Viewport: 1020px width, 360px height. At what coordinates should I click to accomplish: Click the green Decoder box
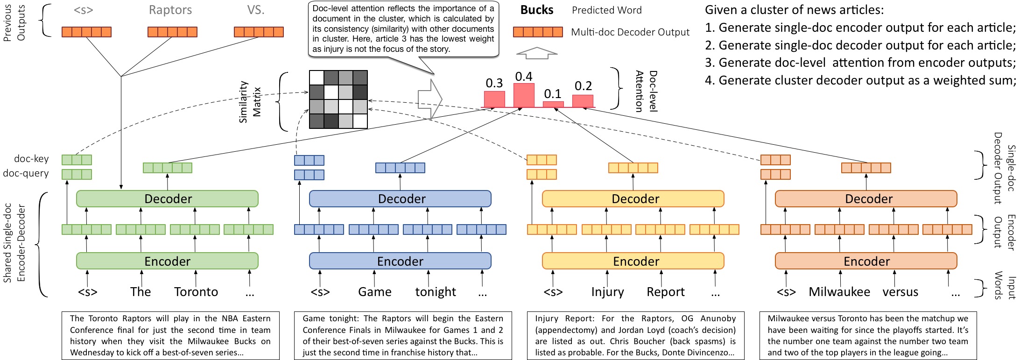point(167,198)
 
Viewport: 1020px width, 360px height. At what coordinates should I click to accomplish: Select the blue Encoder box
point(400,261)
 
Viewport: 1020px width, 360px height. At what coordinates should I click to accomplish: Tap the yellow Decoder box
point(633,198)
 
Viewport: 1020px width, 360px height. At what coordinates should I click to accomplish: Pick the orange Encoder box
point(866,261)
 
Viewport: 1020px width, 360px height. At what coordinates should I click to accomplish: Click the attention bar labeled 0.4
point(524,95)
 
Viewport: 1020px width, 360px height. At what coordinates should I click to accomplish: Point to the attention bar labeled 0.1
point(553,105)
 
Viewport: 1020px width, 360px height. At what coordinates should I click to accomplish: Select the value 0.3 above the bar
point(494,83)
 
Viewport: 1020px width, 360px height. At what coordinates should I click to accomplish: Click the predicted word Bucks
point(537,10)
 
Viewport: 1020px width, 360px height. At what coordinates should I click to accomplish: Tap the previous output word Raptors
point(170,10)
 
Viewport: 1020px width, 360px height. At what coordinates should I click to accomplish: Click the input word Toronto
point(196,292)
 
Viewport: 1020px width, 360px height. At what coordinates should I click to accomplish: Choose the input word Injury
point(607,292)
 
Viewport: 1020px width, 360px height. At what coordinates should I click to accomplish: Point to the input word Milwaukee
point(839,292)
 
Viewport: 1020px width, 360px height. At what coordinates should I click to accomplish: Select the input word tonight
point(436,292)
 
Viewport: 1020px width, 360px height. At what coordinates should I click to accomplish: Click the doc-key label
point(31,159)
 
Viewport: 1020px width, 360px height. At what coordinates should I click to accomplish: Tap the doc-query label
point(26,173)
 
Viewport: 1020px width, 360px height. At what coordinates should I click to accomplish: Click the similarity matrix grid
point(338,99)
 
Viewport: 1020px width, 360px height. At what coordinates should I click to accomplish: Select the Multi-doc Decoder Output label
point(630,32)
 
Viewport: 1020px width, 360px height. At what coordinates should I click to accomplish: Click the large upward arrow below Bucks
point(537,53)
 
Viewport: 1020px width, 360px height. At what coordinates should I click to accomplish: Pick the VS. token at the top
point(256,10)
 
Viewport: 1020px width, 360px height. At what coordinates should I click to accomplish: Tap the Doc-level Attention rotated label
point(647,91)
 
